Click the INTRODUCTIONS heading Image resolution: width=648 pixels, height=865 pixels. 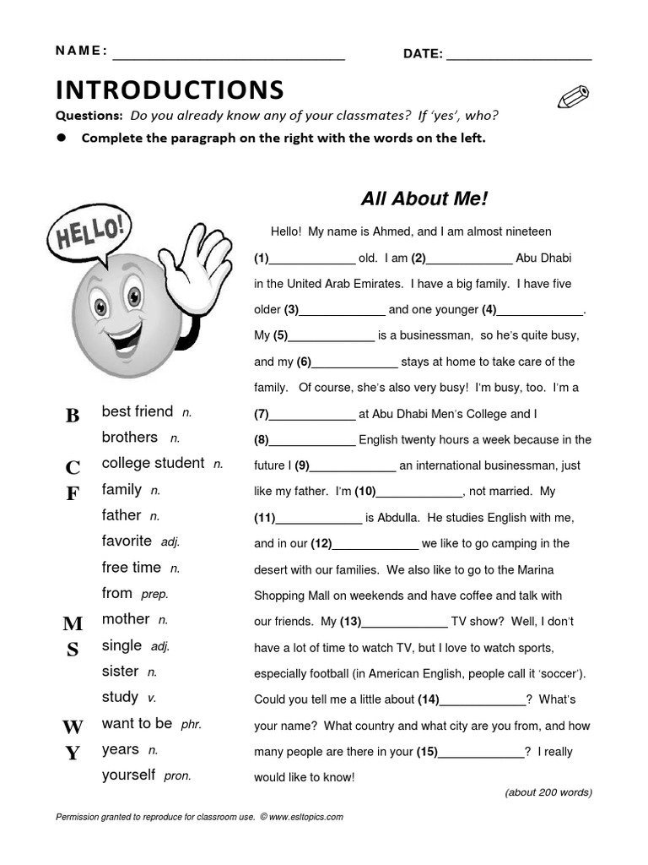click(170, 90)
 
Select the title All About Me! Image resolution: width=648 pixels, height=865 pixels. click(424, 199)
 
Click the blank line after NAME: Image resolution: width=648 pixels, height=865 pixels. click(229, 56)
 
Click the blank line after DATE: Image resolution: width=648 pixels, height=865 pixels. click(519, 56)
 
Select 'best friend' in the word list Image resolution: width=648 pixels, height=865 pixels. click(138, 411)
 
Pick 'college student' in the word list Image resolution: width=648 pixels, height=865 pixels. click(153, 463)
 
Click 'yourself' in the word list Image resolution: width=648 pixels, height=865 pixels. click(128, 775)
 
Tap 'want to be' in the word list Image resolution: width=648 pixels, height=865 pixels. click(137, 723)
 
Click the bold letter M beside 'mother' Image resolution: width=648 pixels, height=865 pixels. click(73, 624)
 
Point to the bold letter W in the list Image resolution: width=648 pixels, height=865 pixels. click(73, 727)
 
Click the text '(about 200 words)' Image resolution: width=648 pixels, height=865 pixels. click(548, 792)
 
